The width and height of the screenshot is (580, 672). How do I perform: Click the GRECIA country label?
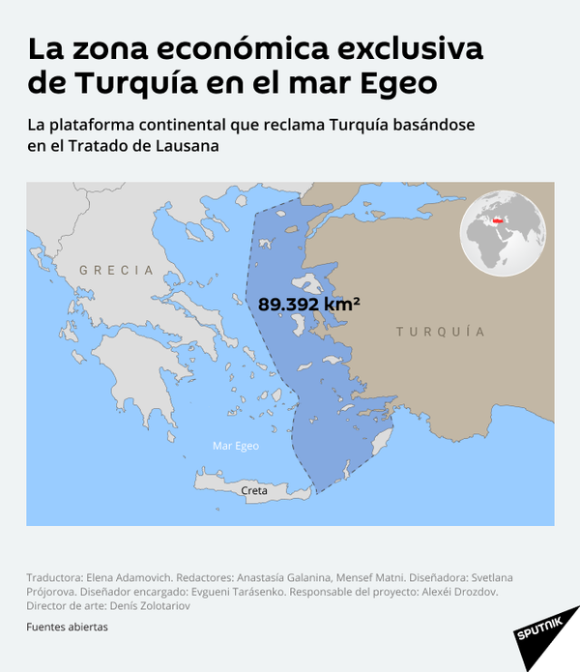[116, 270]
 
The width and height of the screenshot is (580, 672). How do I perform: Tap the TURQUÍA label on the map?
[440, 332]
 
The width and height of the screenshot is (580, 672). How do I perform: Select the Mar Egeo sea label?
[235, 446]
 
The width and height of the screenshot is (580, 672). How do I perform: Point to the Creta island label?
[254, 490]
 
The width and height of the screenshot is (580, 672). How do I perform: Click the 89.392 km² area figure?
[309, 304]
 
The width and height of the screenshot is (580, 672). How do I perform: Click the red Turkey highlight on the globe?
[500, 222]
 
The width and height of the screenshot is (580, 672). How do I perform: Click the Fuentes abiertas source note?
[67, 626]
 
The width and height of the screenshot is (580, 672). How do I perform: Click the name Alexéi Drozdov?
[460, 591]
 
